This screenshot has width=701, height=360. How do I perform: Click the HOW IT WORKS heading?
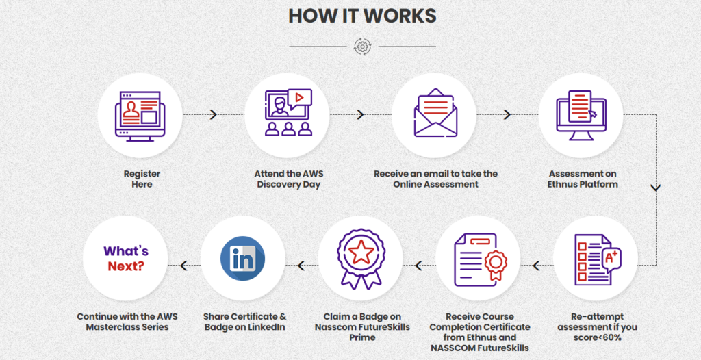362,16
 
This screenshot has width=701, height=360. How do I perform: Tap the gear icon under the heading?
362,47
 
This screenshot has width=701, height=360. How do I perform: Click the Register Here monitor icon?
140,116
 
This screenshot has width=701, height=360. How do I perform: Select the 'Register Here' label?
142,179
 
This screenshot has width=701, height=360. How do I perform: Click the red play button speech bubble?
300,99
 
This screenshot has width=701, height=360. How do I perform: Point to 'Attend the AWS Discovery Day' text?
289,179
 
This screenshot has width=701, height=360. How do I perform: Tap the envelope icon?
435,113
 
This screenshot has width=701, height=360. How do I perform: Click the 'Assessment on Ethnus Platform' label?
583,179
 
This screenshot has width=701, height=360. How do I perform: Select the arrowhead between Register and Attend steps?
214,115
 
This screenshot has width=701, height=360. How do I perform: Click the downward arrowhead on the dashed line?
656,188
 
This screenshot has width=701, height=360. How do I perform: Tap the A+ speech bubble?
611,259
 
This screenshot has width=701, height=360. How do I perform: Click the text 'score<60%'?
597,337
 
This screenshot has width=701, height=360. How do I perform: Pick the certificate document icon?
481,259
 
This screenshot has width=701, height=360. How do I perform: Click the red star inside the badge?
360,253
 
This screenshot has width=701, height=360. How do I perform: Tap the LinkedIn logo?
243,259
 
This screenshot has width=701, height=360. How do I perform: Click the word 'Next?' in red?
126,266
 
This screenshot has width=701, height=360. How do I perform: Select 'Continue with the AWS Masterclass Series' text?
127,322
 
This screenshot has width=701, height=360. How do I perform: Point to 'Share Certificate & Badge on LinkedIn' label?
245,322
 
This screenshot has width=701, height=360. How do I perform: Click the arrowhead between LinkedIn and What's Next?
183,266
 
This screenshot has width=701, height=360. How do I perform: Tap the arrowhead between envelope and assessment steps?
507,115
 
